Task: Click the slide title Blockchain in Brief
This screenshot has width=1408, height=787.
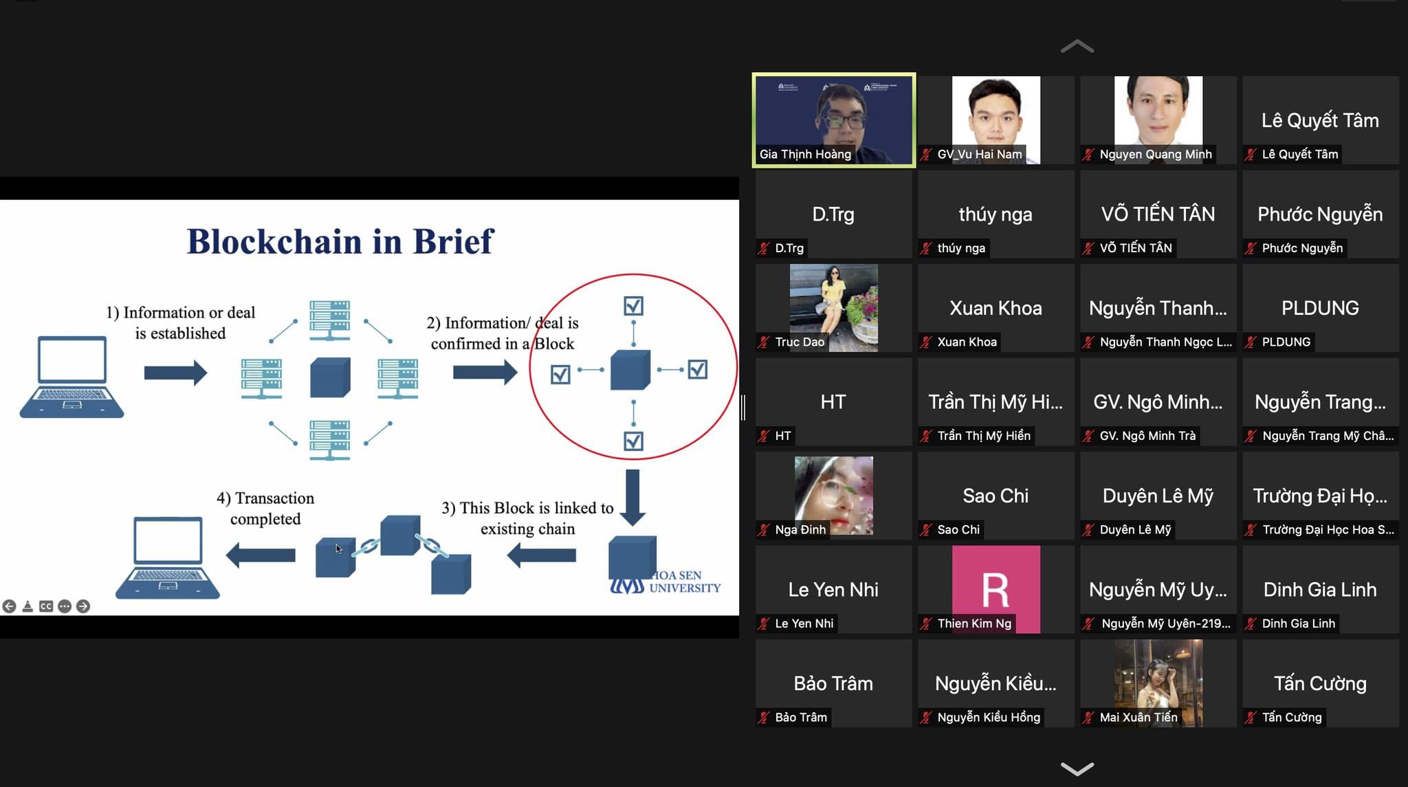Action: pos(340,241)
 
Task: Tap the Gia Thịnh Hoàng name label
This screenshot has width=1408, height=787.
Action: pos(805,154)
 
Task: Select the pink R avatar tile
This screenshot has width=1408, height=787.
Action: pos(995,588)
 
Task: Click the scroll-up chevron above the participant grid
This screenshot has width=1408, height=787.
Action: pos(1077,47)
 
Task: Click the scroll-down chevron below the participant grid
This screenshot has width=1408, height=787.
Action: pos(1077,768)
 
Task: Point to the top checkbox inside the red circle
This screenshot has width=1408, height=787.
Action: pos(633,306)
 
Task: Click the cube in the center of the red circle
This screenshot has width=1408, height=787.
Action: pos(630,370)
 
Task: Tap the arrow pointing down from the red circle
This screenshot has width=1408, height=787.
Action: pos(632,496)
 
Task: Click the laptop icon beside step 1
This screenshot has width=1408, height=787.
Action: pos(71,377)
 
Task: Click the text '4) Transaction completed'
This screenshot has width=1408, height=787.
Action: pos(265,508)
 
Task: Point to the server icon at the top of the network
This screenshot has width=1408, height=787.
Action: pos(329,320)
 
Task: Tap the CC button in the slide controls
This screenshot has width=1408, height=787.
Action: pos(46,606)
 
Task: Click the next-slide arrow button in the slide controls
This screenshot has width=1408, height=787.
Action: pos(83,606)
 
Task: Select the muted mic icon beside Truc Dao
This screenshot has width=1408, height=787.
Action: pos(764,342)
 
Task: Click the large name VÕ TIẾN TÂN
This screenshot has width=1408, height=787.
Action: pos(1158,214)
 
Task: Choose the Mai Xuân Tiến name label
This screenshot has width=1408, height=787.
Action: pos(1138,718)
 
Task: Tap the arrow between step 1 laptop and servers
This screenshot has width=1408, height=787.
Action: pos(175,373)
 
